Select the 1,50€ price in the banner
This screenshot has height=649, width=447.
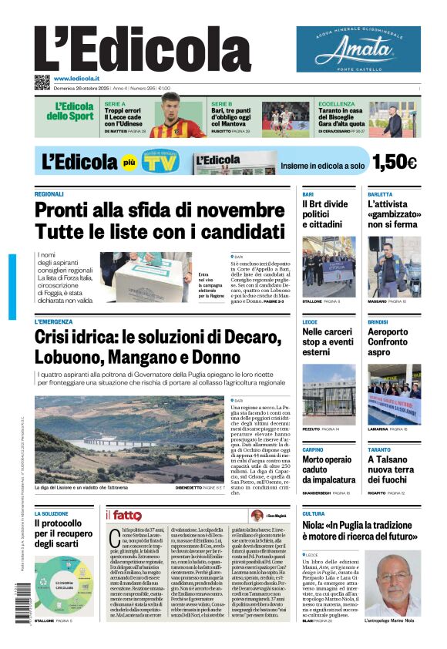pos(394,162)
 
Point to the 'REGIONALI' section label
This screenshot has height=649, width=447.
pos(49,194)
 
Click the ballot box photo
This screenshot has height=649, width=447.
pos(145,277)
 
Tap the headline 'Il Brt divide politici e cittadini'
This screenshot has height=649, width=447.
pos(324,214)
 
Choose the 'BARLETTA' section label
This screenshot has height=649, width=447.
pos(380,194)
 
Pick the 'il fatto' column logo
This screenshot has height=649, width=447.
pos(123,516)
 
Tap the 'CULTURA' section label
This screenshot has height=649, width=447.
pos(313,513)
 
